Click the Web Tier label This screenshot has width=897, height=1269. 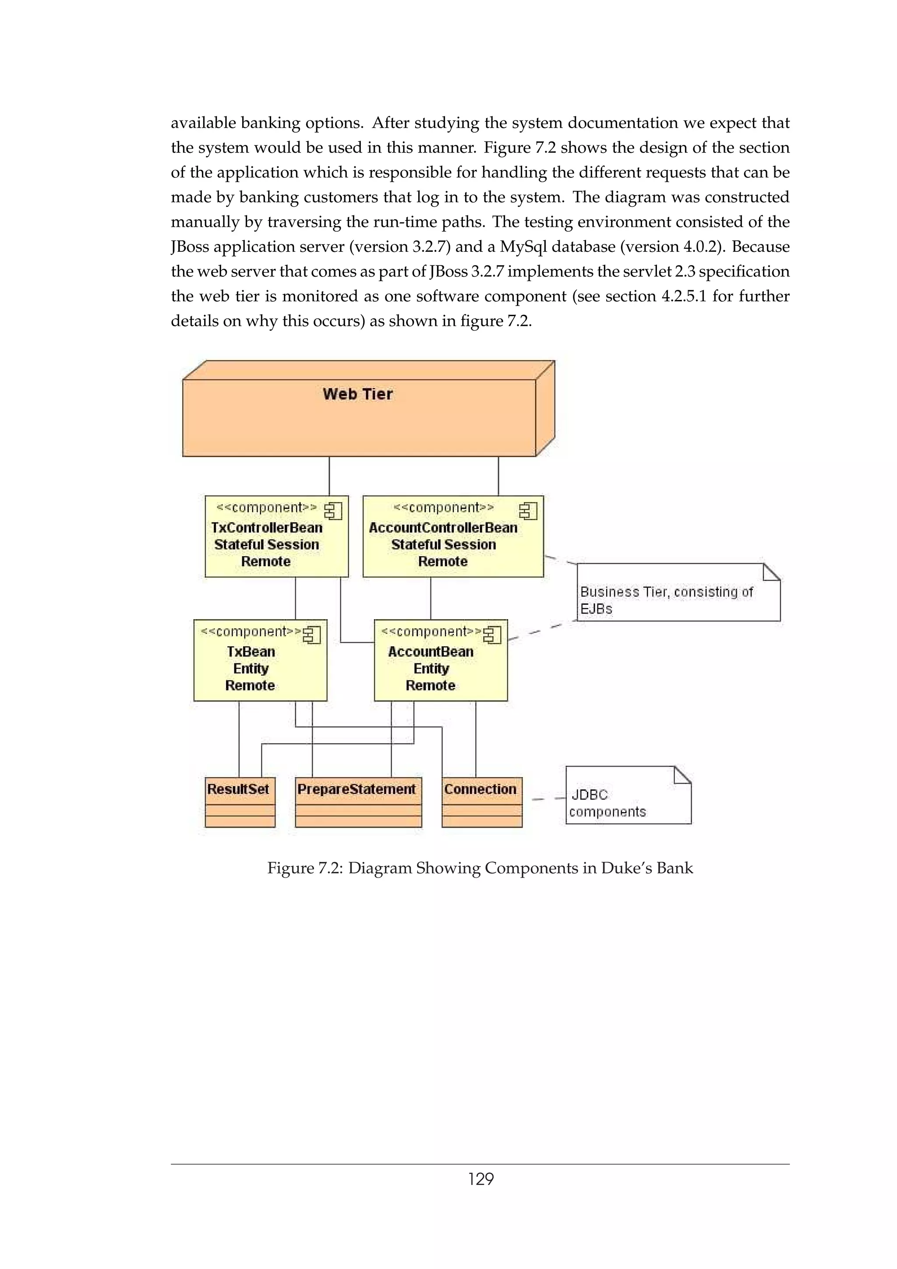(357, 394)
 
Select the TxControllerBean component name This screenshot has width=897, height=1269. (266, 527)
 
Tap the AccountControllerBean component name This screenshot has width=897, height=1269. (443, 527)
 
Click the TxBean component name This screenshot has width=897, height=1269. (251, 652)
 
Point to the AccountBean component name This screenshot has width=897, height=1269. (431, 652)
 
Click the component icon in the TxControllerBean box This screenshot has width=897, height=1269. (333, 511)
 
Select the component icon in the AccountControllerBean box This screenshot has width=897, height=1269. (528, 511)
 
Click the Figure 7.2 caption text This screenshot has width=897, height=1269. (480, 868)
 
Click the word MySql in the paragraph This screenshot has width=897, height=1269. (523, 247)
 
